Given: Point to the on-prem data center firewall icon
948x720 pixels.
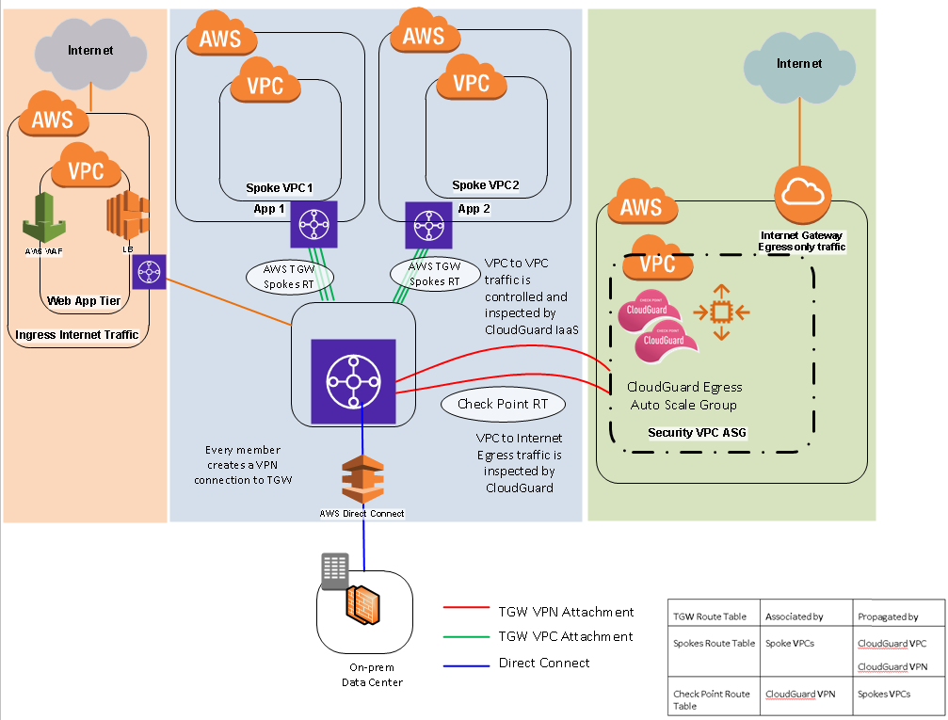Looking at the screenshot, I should (362, 604).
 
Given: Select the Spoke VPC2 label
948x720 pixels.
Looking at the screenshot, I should (485, 185).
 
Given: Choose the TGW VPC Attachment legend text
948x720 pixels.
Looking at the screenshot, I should (566, 637).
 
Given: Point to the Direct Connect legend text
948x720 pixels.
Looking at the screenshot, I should (544, 663).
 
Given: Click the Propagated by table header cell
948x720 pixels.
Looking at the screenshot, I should (888, 616).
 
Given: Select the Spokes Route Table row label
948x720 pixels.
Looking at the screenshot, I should (714, 644).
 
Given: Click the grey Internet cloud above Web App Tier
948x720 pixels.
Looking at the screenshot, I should (89, 51).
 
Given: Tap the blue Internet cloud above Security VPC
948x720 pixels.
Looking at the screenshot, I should (798, 66).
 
